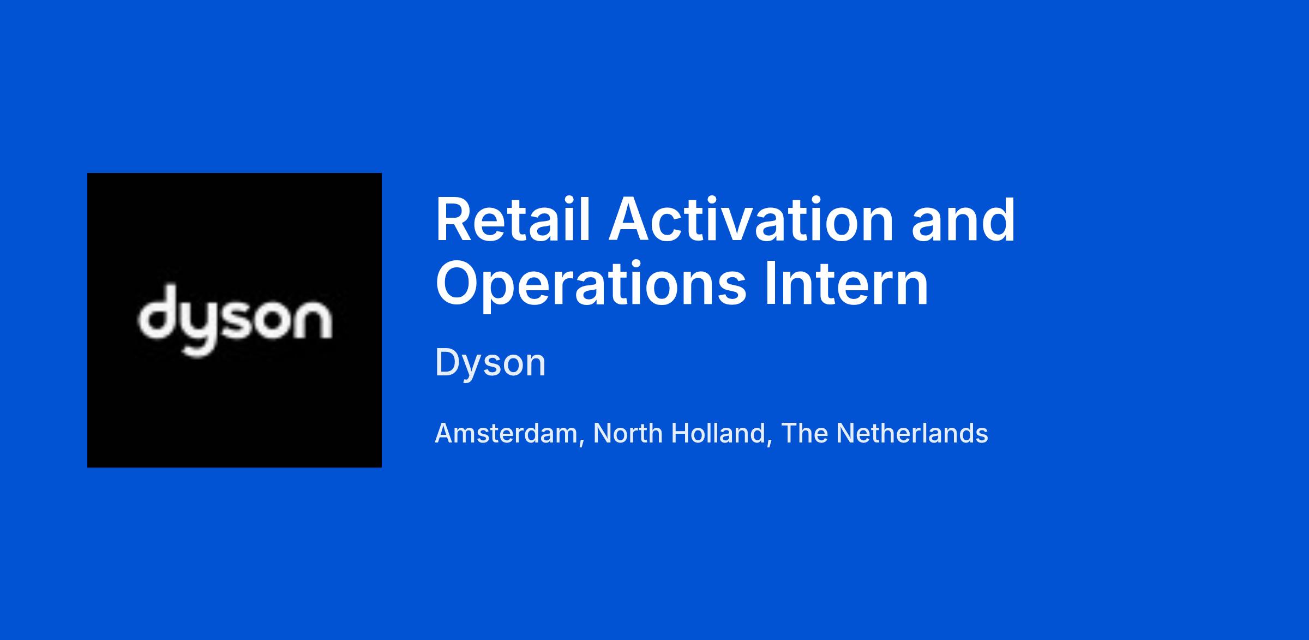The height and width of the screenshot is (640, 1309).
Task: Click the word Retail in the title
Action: tap(513, 219)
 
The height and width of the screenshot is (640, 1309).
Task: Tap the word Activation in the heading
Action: tap(751, 219)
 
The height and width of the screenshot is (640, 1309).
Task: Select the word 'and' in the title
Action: tap(963, 219)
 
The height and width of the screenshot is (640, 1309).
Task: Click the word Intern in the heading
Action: tap(847, 284)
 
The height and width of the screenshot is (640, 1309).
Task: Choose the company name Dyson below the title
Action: tap(490, 363)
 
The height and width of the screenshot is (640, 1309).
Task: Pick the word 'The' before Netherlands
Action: tap(804, 433)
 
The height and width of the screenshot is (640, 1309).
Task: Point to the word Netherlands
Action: tap(912, 433)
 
